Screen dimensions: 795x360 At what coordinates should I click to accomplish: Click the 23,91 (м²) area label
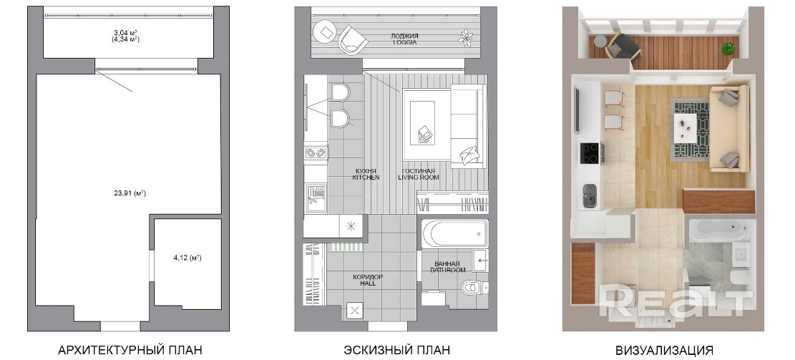(x=130, y=193)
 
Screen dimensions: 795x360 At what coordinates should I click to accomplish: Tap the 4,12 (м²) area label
(x=187, y=258)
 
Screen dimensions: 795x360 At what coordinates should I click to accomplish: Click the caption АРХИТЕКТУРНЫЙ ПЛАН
(x=130, y=350)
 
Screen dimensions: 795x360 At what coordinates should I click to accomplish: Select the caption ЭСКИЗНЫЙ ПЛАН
(x=396, y=350)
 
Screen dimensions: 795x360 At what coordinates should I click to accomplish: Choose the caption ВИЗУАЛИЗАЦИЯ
(x=664, y=350)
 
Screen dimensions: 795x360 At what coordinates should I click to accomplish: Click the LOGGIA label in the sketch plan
(x=404, y=43)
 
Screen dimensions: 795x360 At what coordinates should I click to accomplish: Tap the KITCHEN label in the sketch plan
(x=366, y=177)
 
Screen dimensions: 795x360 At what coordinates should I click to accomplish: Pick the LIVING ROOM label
(x=419, y=177)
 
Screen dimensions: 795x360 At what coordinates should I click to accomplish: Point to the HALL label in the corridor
(x=368, y=284)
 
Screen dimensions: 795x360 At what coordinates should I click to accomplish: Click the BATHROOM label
(x=447, y=271)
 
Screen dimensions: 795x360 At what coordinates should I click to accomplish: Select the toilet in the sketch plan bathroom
(x=474, y=288)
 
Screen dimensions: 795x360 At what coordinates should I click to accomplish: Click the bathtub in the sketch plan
(x=455, y=233)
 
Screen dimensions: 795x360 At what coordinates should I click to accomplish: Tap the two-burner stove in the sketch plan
(x=316, y=152)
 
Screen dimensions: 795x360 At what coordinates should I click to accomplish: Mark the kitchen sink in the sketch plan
(x=316, y=198)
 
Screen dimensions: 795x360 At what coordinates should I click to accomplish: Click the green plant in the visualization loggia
(x=728, y=48)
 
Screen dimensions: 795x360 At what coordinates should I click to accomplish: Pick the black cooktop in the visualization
(x=590, y=152)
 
